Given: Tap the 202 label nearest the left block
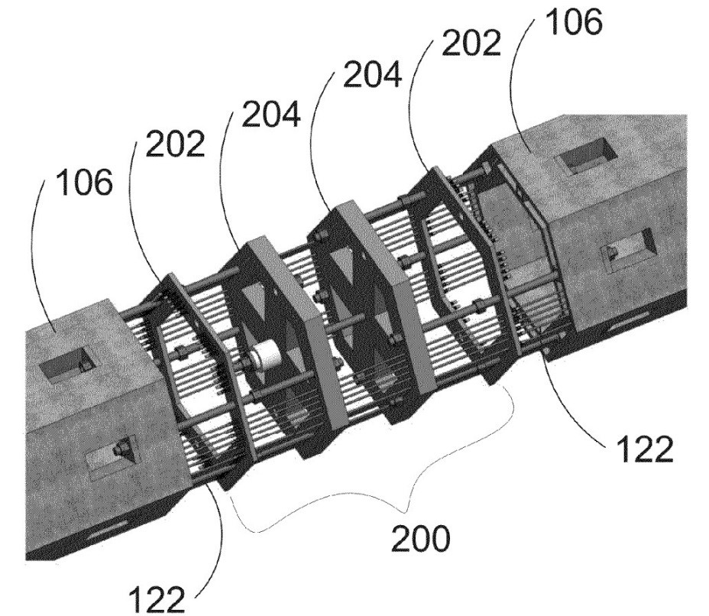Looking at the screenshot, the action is (x=176, y=144).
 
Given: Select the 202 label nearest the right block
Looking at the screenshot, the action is (x=471, y=43).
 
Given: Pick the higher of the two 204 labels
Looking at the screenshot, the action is (x=372, y=73).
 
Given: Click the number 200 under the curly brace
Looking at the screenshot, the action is (x=420, y=539).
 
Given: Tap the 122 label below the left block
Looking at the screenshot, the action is (x=157, y=598).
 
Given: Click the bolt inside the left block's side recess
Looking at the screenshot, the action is (x=121, y=449).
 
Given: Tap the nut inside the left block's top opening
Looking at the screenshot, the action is (x=83, y=365).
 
